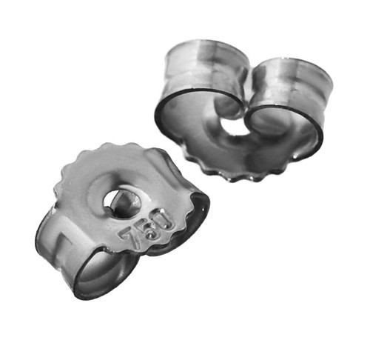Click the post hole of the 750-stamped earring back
point(121,204)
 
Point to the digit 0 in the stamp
point(164,220)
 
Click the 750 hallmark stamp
point(147,229)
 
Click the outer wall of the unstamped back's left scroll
point(201,67)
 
